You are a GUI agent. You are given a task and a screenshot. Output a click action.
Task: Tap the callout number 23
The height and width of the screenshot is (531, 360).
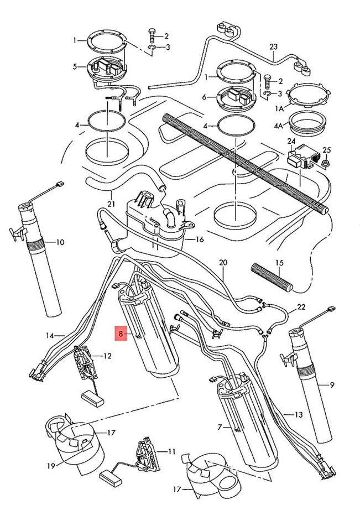pos(273,48)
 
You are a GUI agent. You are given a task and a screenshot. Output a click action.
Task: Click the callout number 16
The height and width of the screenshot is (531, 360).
pos(200,240)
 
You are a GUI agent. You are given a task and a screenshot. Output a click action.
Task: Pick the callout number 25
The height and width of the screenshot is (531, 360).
pos(326,150)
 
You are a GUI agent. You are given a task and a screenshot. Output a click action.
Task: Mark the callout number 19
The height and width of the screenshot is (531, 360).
pos(51,466)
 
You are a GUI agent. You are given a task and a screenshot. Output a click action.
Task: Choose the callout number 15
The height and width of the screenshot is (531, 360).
pos(279,263)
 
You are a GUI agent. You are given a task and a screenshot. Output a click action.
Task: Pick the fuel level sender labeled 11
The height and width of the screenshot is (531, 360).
pos(147,455)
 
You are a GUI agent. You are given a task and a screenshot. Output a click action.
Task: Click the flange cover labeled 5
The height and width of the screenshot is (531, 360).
pos(106,71)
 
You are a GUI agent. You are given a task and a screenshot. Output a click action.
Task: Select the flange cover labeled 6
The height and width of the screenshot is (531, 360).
pos(235,97)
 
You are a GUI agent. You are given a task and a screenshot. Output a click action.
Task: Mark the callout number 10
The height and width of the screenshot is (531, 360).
pos(60,242)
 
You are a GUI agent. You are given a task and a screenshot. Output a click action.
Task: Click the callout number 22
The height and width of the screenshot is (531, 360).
pos(301,307)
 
